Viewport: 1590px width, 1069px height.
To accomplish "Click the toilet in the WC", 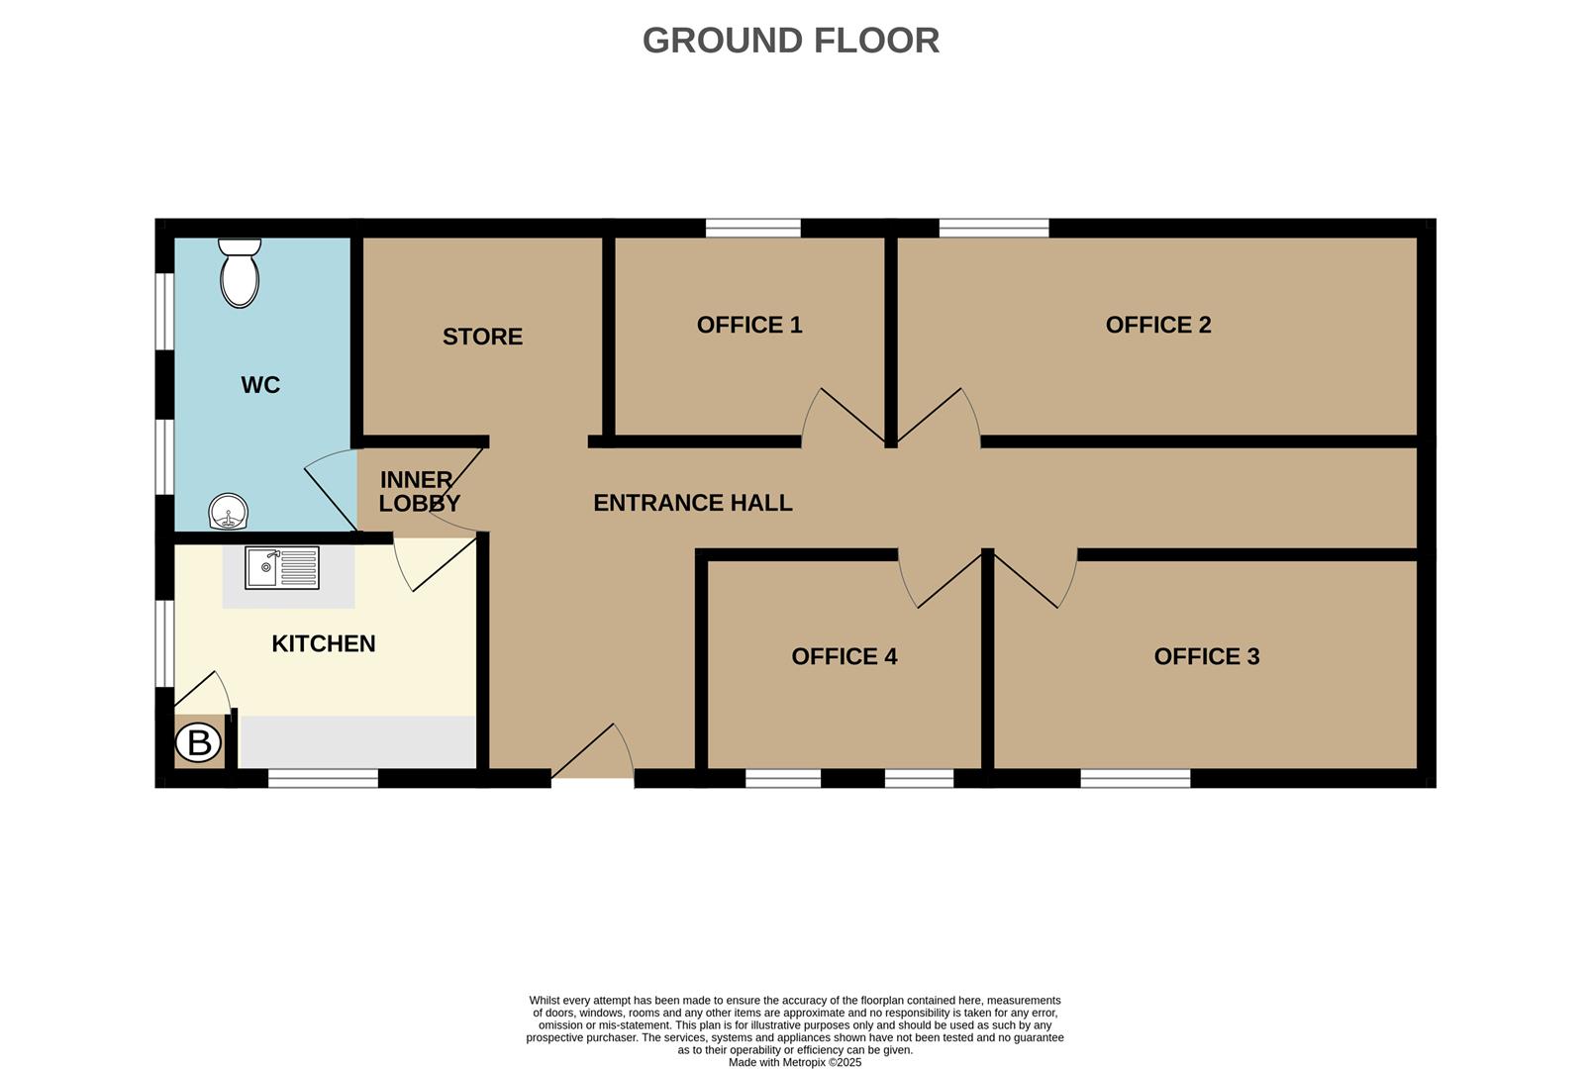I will [239, 273].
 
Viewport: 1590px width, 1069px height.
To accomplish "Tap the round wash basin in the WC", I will [229, 513].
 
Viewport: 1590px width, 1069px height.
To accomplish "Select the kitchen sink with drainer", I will [282, 569].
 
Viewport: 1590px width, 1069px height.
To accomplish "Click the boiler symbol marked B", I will [199, 742].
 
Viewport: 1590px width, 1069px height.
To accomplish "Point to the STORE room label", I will [482, 337].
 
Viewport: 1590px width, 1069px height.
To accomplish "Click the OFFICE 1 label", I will [749, 325].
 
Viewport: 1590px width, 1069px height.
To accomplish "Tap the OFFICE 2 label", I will [1158, 325].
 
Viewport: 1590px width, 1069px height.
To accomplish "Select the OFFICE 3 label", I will [1206, 656].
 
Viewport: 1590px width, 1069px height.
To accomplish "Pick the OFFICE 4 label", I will [844, 656].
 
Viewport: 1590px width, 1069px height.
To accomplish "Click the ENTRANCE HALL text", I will [692, 503].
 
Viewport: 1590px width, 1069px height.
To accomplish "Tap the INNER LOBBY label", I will [418, 491].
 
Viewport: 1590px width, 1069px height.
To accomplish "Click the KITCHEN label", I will [324, 643].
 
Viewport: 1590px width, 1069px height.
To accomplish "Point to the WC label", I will [260, 385].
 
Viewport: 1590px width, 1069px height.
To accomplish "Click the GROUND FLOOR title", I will [790, 41].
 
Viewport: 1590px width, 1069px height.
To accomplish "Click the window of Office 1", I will [752, 229].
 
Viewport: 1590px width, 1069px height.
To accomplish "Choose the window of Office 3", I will [1135, 779].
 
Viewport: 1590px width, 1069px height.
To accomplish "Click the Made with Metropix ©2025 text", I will [794, 1062].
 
